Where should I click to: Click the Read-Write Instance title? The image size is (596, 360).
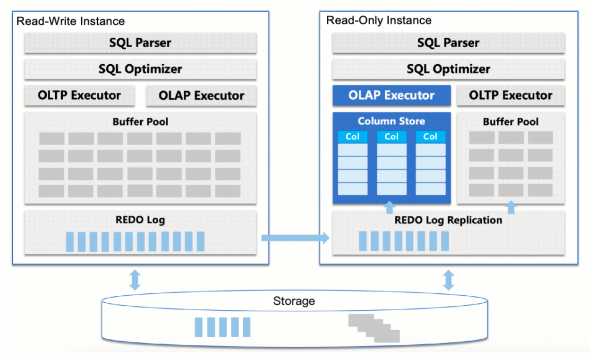[x=70, y=22]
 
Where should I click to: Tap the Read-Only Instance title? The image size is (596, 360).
[x=379, y=20]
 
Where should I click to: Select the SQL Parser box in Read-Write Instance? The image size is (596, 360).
[x=140, y=43]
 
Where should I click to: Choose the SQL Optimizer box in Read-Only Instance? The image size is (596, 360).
[x=448, y=69]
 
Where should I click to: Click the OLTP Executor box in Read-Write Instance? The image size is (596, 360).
[x=79, y=95]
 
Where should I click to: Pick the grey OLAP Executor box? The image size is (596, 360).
[x=201, y=96]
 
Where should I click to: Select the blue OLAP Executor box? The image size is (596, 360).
[x=392, y=95]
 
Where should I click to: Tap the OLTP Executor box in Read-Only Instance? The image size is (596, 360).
[x=511, y=95]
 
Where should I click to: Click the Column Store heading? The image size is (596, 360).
[x=392, y=121]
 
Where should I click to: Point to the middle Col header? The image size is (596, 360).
[x=392, y=137]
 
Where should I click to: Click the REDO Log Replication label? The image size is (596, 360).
[x=448, y=220]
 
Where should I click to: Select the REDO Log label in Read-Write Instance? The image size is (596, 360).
[x=140, y=220]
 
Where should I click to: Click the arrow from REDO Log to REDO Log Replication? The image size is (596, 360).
[x=295, y=238]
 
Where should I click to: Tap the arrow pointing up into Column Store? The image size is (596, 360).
[x=389, y=207]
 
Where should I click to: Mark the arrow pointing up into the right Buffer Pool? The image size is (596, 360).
[x=511, y=207]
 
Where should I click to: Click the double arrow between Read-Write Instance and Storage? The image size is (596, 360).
[x=135, y=280]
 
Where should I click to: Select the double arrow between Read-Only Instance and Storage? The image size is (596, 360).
[x=448, y=280]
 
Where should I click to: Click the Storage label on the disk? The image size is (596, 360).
[x=294, y=301]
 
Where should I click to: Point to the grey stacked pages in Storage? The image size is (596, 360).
[x=374, y=327]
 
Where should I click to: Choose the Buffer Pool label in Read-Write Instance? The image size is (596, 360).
[x=140, y=121]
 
